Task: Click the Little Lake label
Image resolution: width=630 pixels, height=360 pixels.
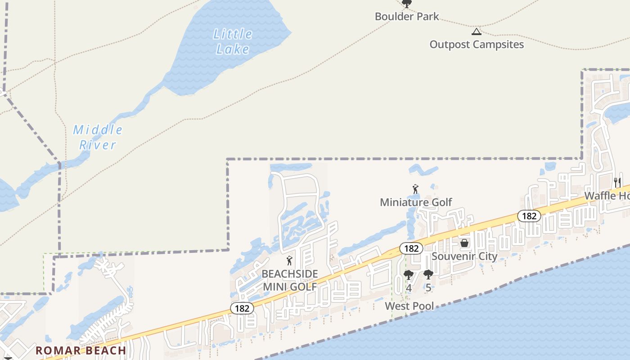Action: tap(233, 41)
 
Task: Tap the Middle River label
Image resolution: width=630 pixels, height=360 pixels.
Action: tap(98, 137)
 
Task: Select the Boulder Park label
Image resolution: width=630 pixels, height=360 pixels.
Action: tap(407, 17)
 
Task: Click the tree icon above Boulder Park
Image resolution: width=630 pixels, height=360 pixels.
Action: tap(407, 4)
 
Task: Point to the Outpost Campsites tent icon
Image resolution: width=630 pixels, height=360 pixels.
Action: tap(476, 31)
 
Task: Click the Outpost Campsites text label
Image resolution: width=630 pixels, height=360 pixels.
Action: tap(477, 45)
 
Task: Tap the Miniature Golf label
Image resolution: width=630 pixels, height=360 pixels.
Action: tap(416, 202)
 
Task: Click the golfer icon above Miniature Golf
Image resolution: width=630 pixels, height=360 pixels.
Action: tap(415, 189)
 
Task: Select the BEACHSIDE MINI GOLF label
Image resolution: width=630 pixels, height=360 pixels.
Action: tap(290, 280)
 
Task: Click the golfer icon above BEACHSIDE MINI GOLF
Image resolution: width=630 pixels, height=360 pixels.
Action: tap(289, 261)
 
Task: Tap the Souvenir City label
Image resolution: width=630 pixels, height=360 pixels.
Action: tap(464, 256)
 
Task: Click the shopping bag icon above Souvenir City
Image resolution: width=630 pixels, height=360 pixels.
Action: tap(464, 243)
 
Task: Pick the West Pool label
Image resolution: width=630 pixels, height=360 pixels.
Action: tap(409, 306)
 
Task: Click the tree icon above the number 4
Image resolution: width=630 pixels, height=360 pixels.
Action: tap(408, 274)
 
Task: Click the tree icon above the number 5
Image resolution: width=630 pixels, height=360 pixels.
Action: tap(428, 274)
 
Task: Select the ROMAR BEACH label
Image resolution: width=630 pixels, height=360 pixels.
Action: tap(81, 351)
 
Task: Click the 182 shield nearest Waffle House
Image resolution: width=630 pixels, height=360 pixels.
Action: tap(529, 216)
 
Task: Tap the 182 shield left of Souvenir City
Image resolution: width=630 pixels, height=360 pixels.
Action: tap(411, 248)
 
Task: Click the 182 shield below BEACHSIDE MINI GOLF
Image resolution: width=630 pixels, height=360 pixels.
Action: tap(242, 308)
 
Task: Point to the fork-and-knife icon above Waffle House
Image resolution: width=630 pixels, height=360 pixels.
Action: tap(617, 183)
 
